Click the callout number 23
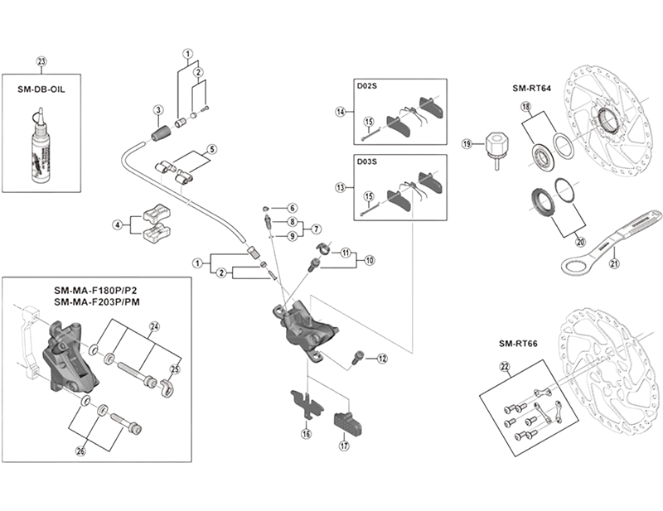tap(43, 60)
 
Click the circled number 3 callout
tap(156, 110)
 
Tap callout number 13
tap(340, 188)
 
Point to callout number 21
tap(614, 263)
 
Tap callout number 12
tap(382, 359)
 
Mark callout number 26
tap(80, 451)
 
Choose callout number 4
tap(118, 224)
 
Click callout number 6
tap(293, 207)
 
